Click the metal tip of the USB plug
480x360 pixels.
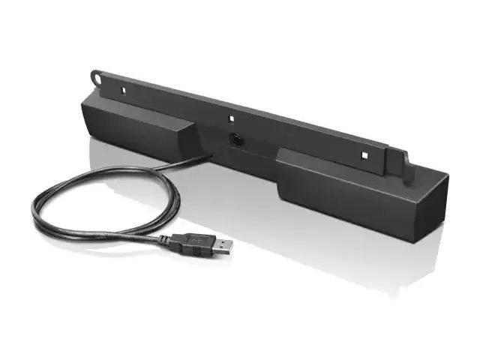[223, 245]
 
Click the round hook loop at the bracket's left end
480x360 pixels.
[97, 77]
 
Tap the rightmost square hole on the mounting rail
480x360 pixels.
[364, 155]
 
